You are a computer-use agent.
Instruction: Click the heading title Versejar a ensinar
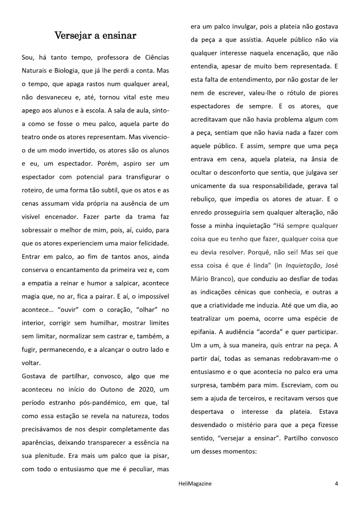(x=96, y=36)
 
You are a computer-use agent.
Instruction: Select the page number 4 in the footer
(x=336, y=483)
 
